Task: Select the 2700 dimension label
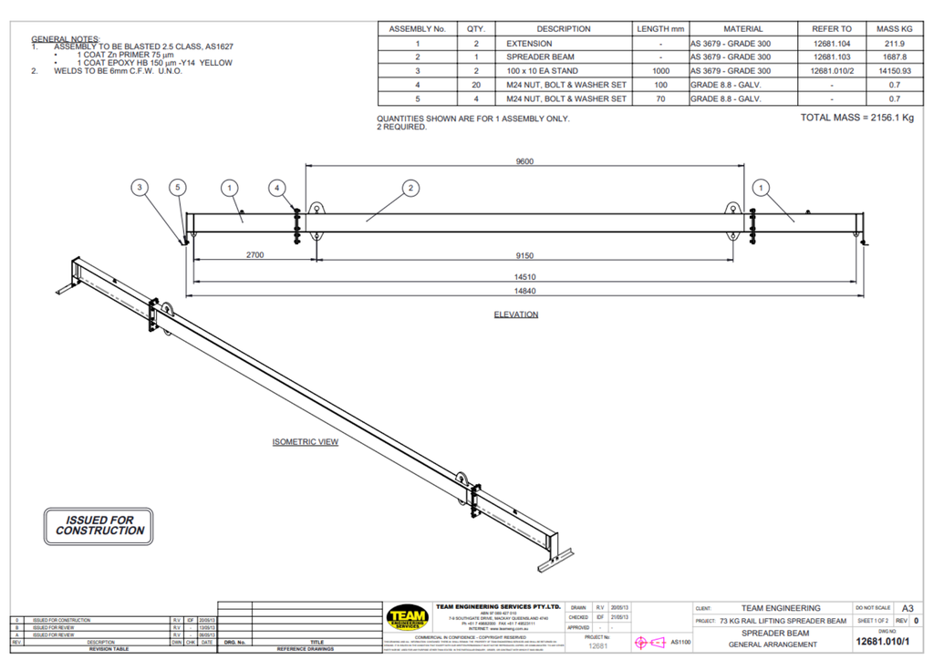click(x=254, y=256)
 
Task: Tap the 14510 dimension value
click(x=524, y=276)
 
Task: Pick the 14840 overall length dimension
click(x=524, y=291)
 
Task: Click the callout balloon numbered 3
click(x=139, y=188)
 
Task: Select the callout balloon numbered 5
click(x=179, y=188)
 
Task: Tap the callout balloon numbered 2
click(x=411, y=188)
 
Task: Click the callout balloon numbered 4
click(x=277, y=188)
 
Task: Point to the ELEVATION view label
click(x=515, y=315)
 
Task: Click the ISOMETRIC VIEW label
click(x=305, y=442)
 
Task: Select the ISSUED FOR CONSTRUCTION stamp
click(x=94, y=525)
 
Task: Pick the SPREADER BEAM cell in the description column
click(x=541, y=57)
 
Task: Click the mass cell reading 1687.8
click(x=893, y=57)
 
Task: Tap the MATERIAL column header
click(x=742, y=29)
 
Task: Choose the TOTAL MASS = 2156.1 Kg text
click(x=856, y=118)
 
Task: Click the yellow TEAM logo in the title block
click(x=407, y=618)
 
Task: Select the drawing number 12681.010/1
click(x=881, y=641)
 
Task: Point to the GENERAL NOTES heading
click(x=66, y=39)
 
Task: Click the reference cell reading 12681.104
click(x=831, y=43)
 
